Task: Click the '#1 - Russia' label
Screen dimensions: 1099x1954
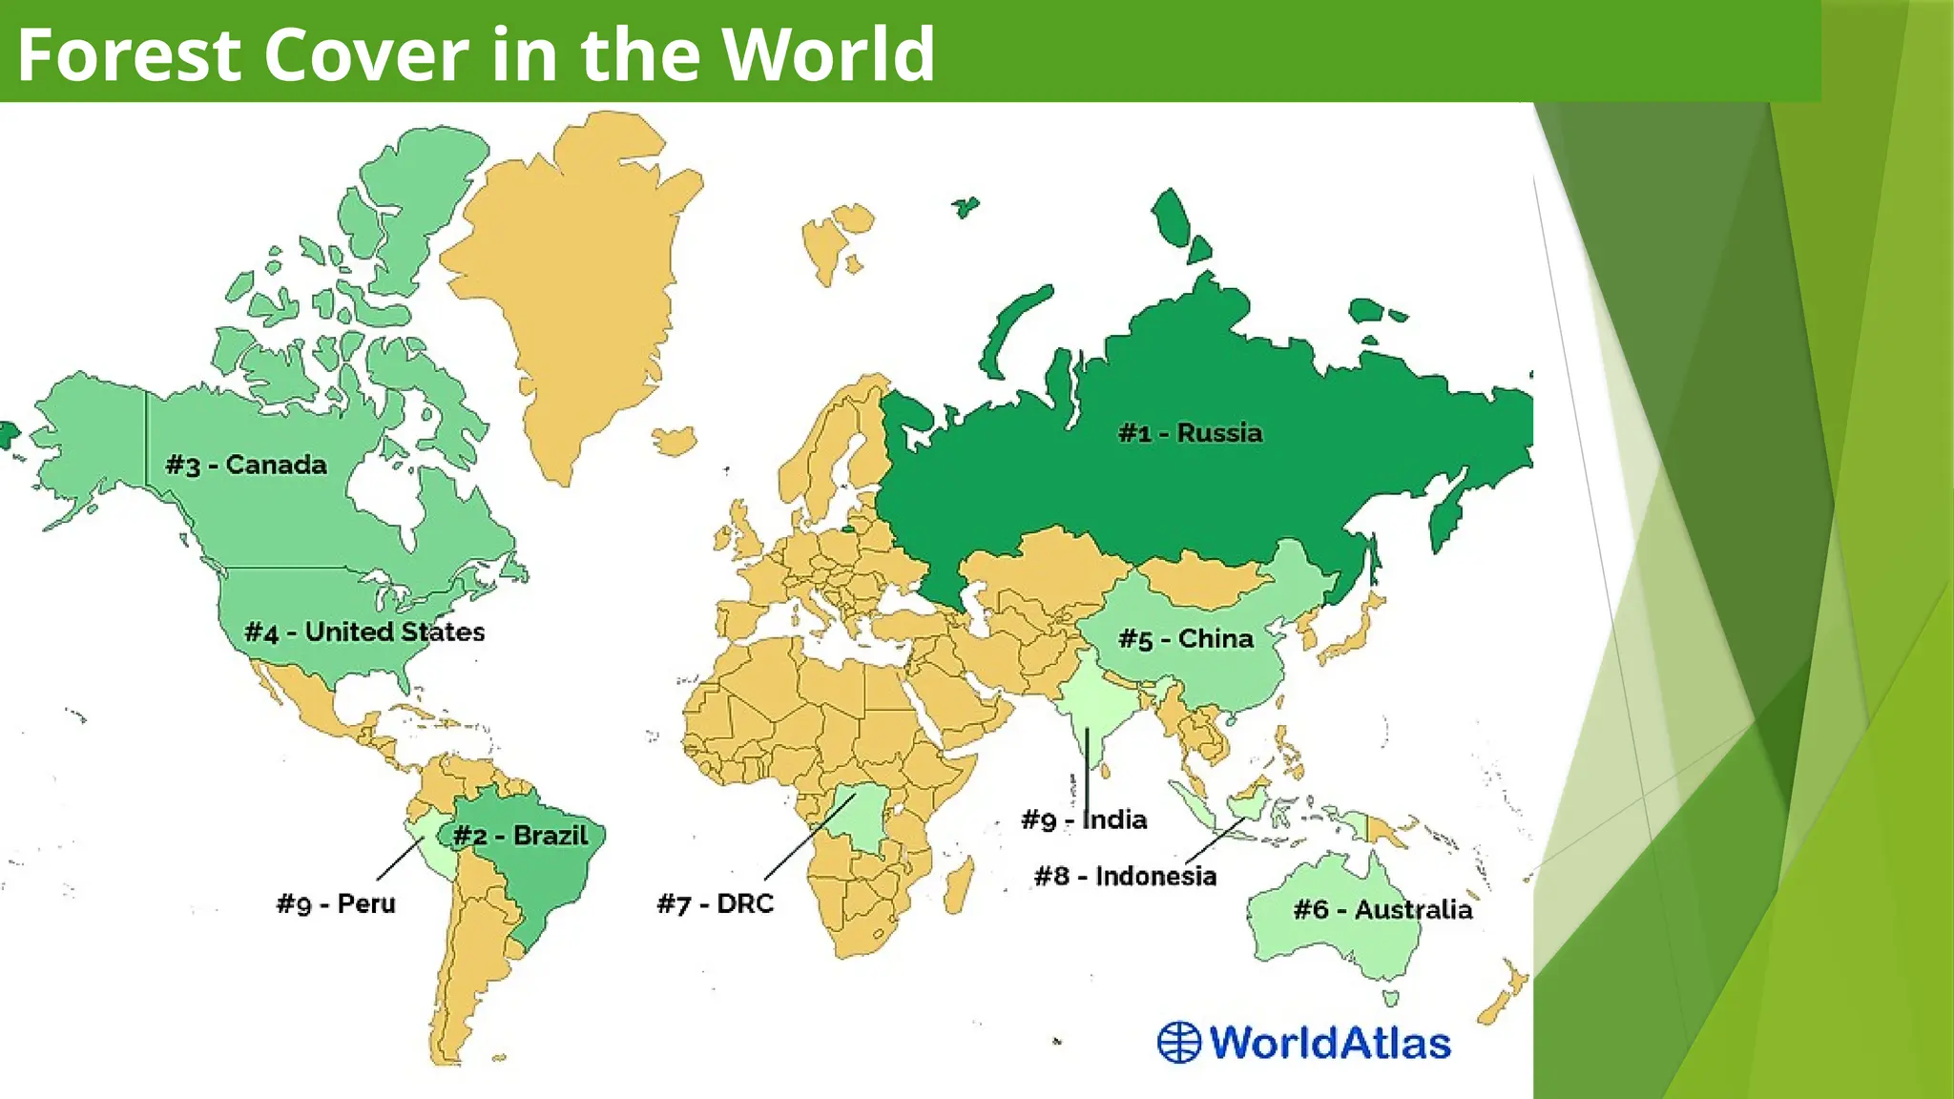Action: pyautogui.click(x=1190, y=433)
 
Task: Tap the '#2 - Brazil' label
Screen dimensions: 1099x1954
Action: pyautogui.click(x=520, y=836)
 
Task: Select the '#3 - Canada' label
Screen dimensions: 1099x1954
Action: pyautogui.click(x=246, y=466)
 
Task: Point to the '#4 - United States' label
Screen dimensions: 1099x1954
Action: pyautogui.click(x=364, y=632)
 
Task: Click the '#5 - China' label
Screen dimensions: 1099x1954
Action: pyautogui.click(x=1186, y=639)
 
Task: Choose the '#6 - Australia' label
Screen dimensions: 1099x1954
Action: pyautogui.click(x=1382, y=909)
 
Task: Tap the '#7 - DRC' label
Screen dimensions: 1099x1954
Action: pyautogui.click(x=715, y=903)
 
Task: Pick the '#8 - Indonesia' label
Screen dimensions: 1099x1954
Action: pyautogui.click(x=1125, y=876)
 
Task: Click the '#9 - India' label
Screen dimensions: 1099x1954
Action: pyautogui.click(x=1084, y=819)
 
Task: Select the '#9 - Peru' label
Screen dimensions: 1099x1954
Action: pyautogui.click(x=336, y=903)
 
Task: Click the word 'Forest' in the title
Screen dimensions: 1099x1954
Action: pyautogui.click(x=129, y=54)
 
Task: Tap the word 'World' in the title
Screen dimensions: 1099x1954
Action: pyautogui.click(x=826, y=54)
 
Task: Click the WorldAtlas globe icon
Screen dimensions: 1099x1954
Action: pyautogui.click(x=1179, y=1042)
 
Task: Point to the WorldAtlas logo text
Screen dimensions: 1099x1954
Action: pyautogui.click(x=1330, y=1042)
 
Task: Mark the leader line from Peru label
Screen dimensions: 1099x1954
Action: pyautogui.click(x=400, y=859)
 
